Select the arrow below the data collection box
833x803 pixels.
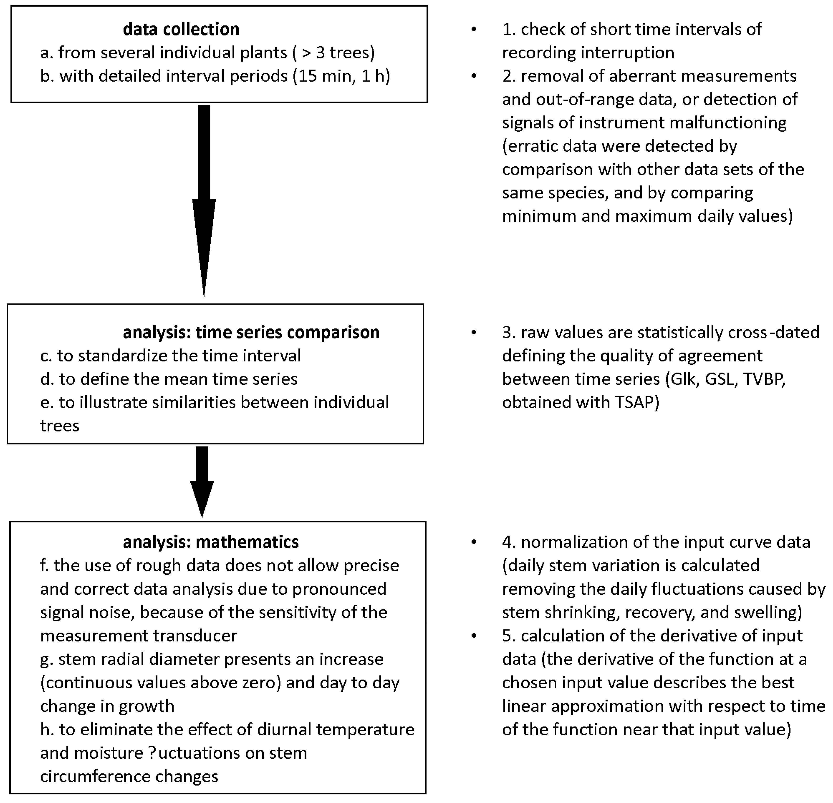pyautogui.click(x=204, y=200)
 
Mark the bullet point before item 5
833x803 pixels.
pyautogui.click(x=474, y=636)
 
